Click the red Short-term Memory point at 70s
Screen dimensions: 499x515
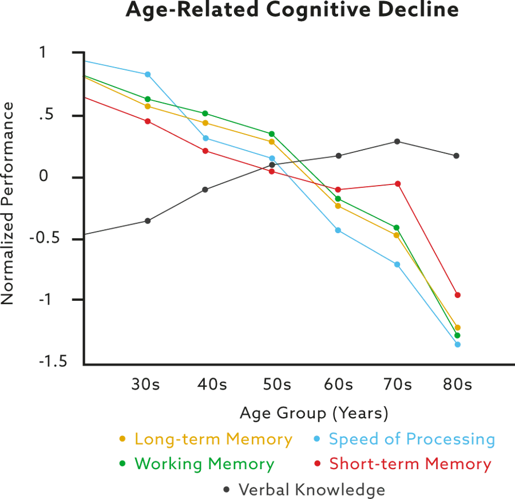(398, 184)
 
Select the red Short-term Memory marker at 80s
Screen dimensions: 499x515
(457, 296)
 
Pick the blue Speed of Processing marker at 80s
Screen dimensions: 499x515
(458, 344)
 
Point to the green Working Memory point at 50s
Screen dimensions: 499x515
(272, 133)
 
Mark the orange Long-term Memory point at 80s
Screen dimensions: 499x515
(457, 328)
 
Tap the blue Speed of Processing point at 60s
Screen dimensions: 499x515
(338, 230)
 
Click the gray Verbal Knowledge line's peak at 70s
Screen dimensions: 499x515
(397, 140)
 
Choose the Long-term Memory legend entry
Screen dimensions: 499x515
(206, 439)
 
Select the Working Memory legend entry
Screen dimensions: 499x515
(197, 463)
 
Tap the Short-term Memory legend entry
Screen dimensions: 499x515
(403, 463)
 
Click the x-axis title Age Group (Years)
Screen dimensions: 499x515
(313, 412)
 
